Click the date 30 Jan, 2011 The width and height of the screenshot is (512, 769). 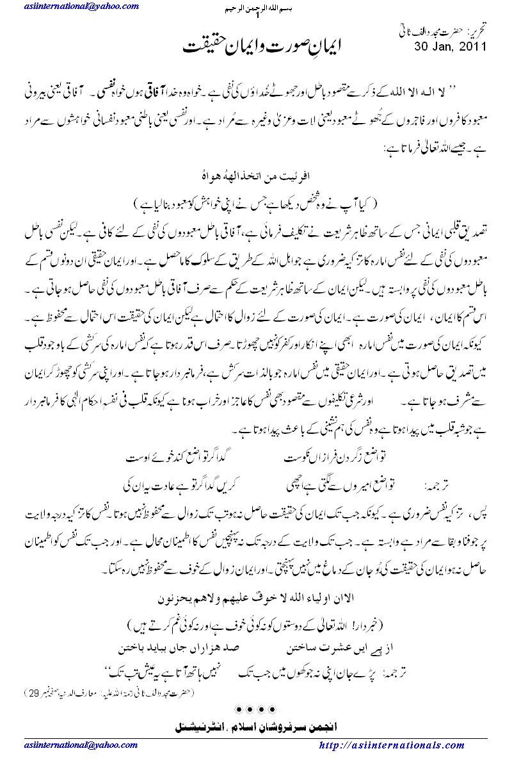pos(451,45)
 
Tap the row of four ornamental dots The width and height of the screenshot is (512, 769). pos(255,709)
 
